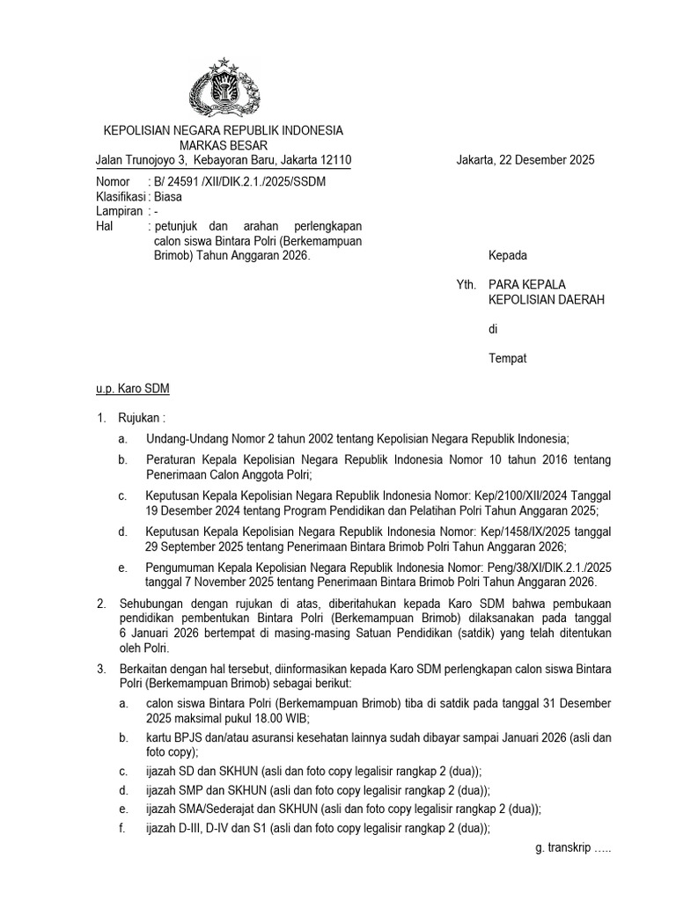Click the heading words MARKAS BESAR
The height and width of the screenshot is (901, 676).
pos(224,144)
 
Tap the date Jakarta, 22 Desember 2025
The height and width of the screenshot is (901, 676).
pos(525,160)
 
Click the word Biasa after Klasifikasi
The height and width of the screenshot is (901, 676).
pos(167,197)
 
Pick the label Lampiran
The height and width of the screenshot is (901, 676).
pos(118,212)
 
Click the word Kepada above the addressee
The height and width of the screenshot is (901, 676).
pos(508,256)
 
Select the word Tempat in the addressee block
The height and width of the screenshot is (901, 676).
pos(508,358)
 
